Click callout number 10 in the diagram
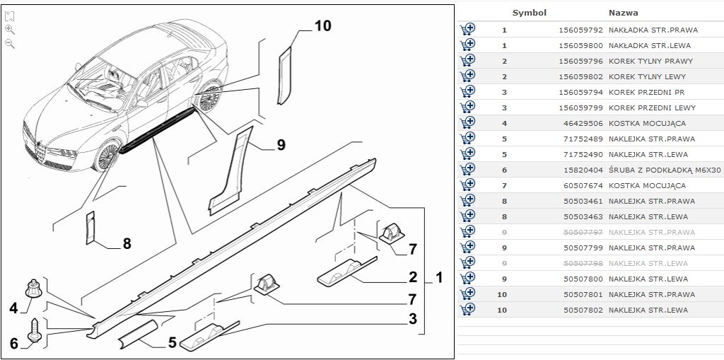coord(322,26)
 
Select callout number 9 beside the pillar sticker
coord(281,146)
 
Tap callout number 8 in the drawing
coord(127,243)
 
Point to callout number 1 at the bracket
coord(439,278)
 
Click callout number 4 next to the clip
coord(13,308)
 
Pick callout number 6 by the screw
coord(13,344)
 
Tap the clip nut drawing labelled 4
coord(33,288)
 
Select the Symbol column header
coord(529,13)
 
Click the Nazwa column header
coord(623,13)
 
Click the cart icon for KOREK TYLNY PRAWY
coord(467,61)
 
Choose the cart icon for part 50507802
coord(467,310)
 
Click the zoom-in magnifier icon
coord(10,30)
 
